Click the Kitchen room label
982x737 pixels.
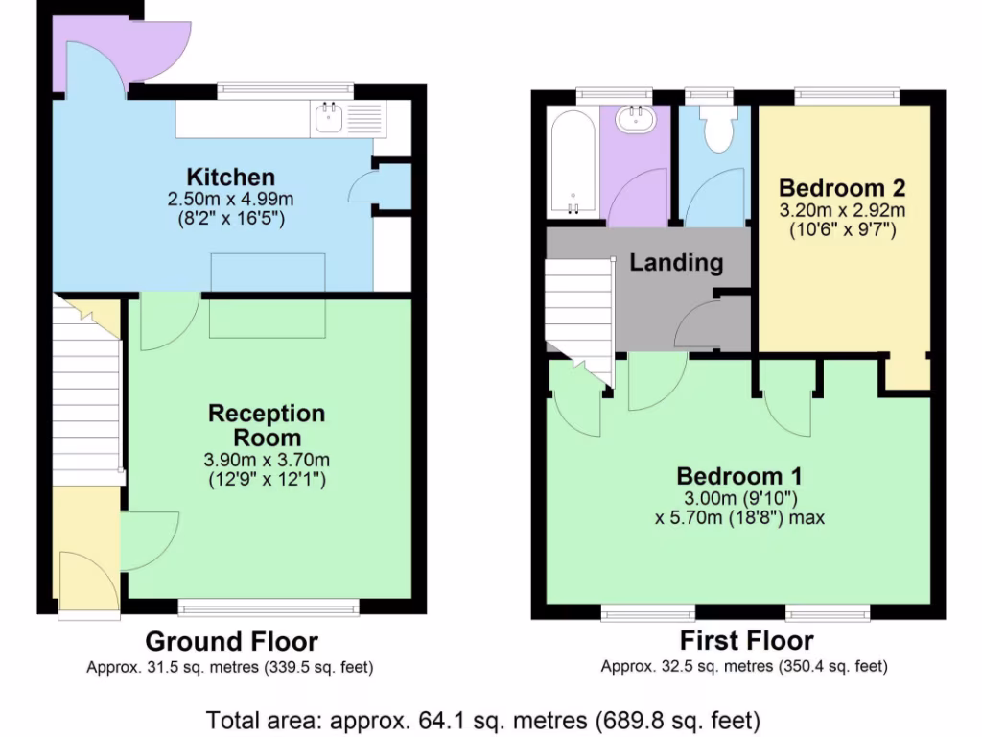pyautogui.click(x=230, y=177)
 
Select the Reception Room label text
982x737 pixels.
pyautogui.click(x=267, y=426)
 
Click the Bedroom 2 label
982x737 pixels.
pyautogui.click(x=842, y=187)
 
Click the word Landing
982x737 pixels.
pyautogui.click(x=676, y=262)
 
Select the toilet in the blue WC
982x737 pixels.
pyautogui.click(x=715, y=129)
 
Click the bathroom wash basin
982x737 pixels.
pyautogui.click(x=635, y=119)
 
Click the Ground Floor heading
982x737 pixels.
pyautogui.click(x=231, y=641)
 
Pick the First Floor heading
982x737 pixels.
pyautogui.click(x=746, y=641)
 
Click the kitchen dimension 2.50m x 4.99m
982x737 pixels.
pyautogui.click(x=230, y=200)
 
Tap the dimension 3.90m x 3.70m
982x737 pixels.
pyautogui.click(x=267, y=460)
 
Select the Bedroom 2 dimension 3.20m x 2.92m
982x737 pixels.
pyautogui.click(x=842, y=210)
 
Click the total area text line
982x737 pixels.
pyautogui.click(x=484, y=719)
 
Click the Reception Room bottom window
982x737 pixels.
pyautogui.click(x=269, y=606)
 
